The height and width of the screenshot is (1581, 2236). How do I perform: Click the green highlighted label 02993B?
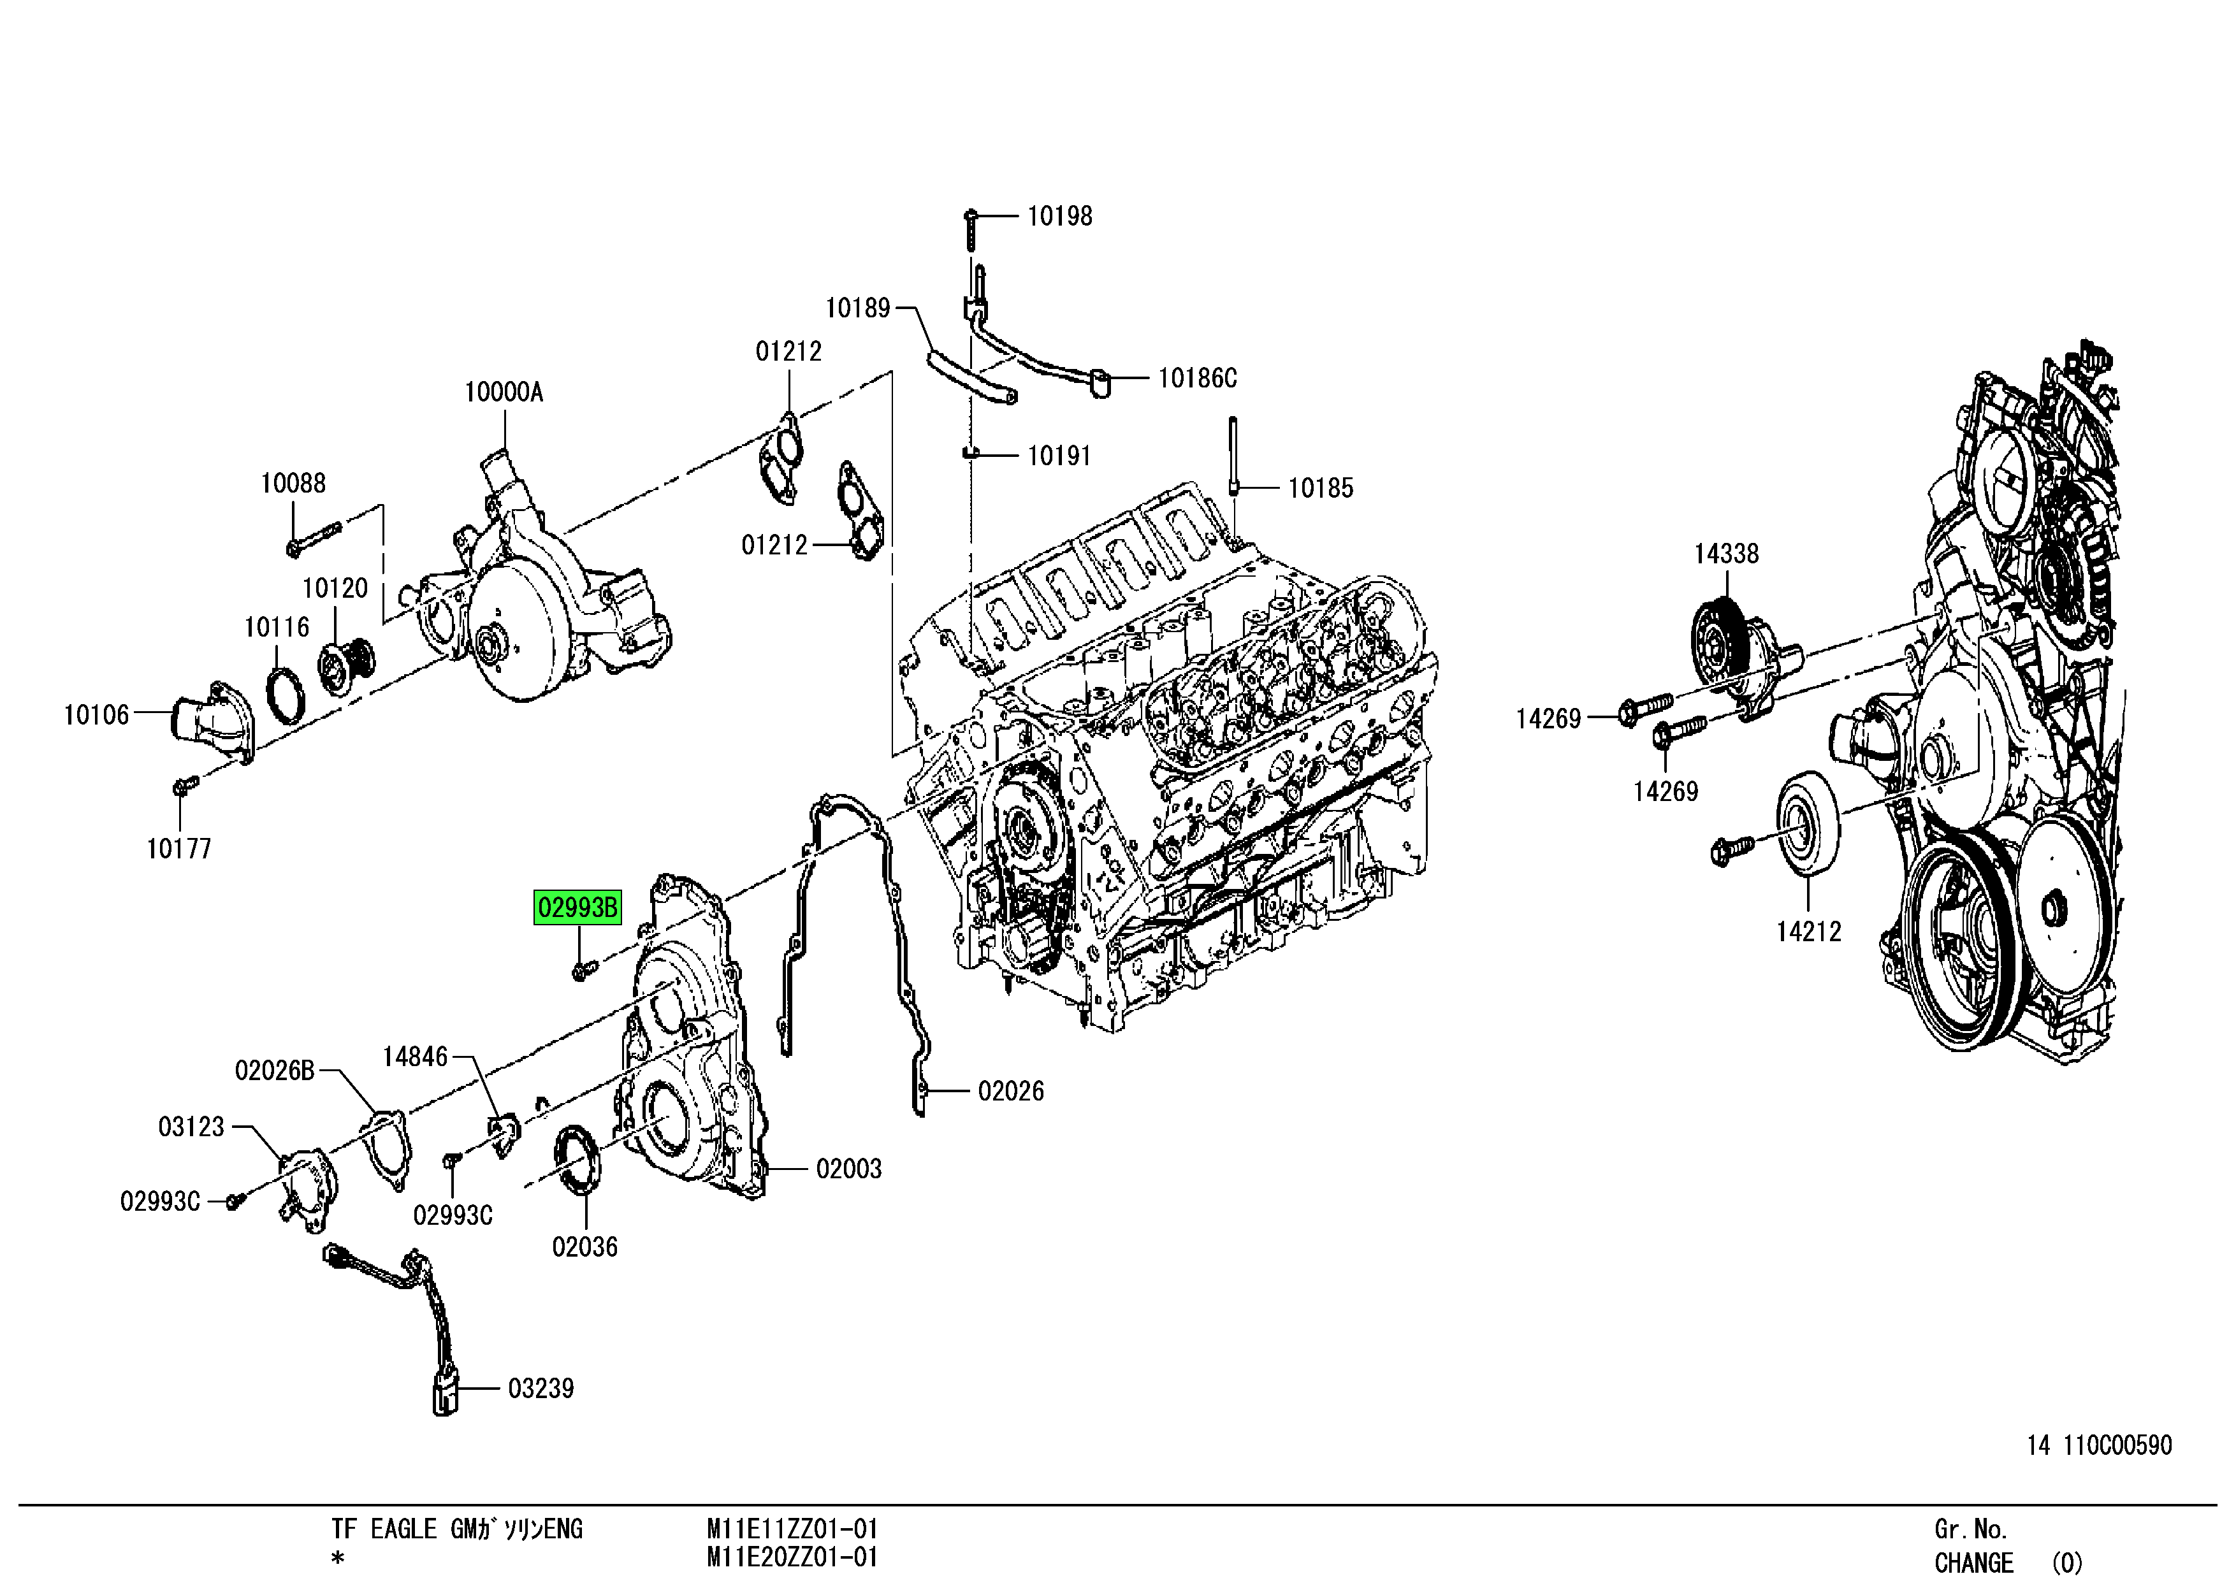[577, 907]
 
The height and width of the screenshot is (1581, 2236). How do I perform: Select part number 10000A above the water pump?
[504, 393]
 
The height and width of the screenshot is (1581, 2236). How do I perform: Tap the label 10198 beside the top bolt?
[1059, 216]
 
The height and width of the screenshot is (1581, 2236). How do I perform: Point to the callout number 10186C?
[1197, 378]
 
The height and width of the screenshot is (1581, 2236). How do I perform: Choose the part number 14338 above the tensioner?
[1725, 554]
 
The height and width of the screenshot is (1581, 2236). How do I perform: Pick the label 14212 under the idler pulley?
[1808, 932]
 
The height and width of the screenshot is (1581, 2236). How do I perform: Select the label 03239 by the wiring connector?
[541, 1389]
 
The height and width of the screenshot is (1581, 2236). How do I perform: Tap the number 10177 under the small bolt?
[178, 849]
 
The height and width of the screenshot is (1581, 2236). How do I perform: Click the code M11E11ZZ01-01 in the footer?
[792, 1529]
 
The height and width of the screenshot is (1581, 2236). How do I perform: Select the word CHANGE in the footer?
[1973, 1563]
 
